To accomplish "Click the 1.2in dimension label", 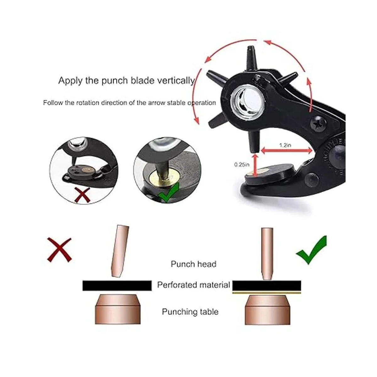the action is pyautogui.click(x=285, y=145).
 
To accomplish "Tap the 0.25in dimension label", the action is pyautogui.click(x=242, y=165).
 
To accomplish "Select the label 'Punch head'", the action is pyautogui.click(x=194, y=264).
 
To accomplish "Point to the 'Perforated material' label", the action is pyautogui.click(x=194, y=285).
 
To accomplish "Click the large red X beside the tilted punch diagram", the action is pyautogui.click(x=59, y=250).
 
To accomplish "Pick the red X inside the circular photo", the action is pyautogui.click(x=82, y=195).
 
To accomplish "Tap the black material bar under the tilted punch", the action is pyautogui.click(x=117, y=286).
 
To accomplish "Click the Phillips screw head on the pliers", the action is pyautogui.click(x=318, y=124).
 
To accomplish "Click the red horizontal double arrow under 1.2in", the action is pyautogui.click(x=286, y=151).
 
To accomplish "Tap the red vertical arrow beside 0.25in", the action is pyautogui.click(x=255, y=165).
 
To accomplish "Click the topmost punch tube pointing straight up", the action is pyautogui.click(x=251, y=58).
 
